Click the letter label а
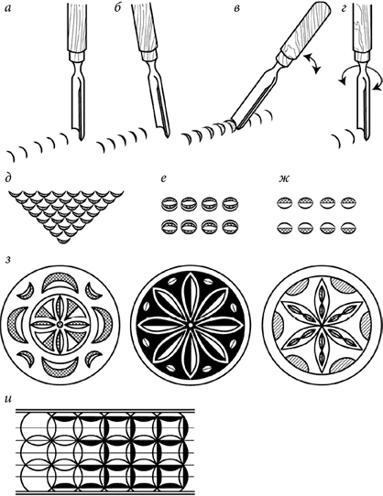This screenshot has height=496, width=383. click(x=8, y=9)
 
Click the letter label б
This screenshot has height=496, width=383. click(x=117, y=8)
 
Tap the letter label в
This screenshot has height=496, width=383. click(x=236, y=9)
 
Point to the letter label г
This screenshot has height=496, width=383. click(x=344, y=9)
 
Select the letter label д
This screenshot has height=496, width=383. click(x=8, y=179)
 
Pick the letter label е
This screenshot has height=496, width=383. click(x=163, y=178)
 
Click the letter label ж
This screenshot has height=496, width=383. click(x=283, y=178)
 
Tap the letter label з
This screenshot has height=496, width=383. click(x=8, y=261)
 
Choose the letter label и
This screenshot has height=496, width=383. click(x=8, y=399)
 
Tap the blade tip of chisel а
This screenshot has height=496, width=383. click(x=82, y=139)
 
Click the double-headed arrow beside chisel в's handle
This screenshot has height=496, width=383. click(x=312, y=63)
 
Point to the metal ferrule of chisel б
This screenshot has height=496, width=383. click(x=148, y=54)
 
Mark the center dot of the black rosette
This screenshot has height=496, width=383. click(x=190, y=325)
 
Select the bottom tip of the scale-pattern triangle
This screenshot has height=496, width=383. click(x=66, y=243)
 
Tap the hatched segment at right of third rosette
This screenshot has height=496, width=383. click(x=365, y=325)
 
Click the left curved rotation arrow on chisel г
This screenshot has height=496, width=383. click(x=346, y=75)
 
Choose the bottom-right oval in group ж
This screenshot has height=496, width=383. click(x=348, y=229)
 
